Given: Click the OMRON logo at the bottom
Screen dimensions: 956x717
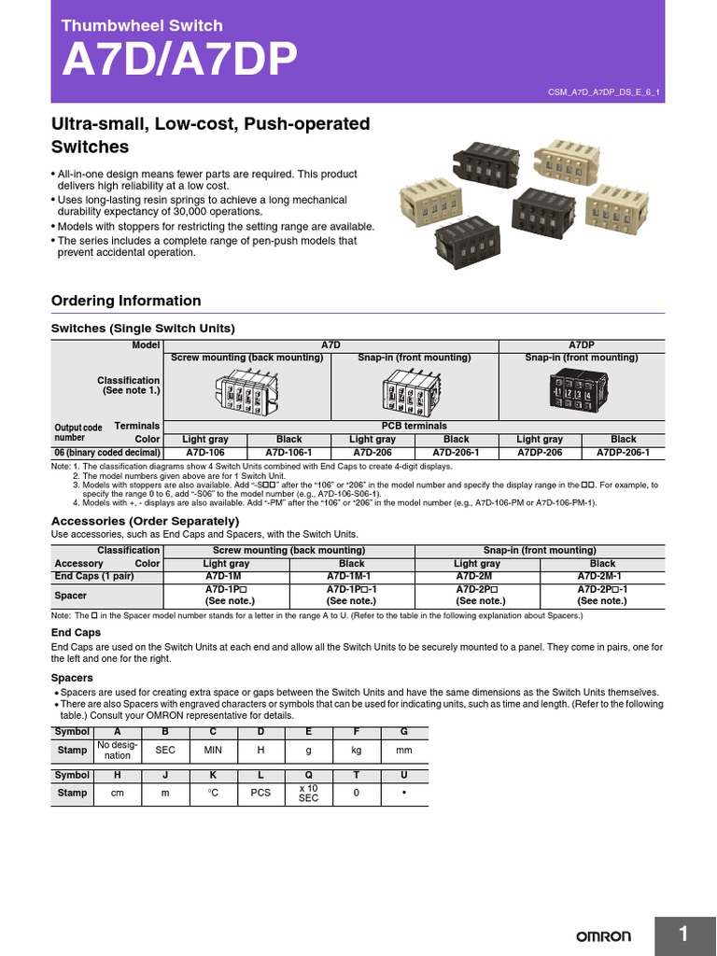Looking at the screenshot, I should [603, 935].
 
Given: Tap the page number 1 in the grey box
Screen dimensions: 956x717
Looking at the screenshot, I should [683, 934].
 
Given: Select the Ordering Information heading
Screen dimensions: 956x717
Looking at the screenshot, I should [125, 301].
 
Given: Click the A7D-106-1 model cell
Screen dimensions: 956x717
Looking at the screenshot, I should [289, 452].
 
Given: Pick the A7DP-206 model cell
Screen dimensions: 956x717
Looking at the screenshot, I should [540, 452].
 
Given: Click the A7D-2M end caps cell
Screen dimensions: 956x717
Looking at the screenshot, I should [477, 576].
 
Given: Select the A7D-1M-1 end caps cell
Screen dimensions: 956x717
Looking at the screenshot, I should [351, 576].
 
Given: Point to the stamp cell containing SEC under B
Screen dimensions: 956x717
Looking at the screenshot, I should [165, 750].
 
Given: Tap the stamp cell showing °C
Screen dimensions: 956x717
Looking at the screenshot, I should [213, 793].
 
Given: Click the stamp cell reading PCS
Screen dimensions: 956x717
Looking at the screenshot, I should [260, 793].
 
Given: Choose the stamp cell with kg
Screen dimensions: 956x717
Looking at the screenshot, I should [356, 750].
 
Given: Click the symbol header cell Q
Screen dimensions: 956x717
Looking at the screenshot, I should [308, 776].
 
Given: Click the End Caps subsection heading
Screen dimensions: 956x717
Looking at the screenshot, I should [76, 632].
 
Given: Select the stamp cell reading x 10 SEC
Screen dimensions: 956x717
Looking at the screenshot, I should [308, 793].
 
